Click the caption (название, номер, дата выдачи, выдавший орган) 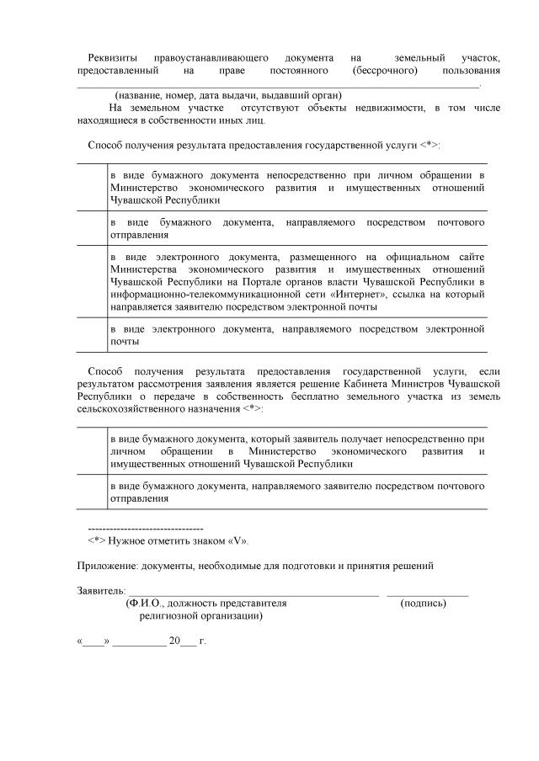[227, 96]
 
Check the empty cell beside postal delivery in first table [91, 228]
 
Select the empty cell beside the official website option [91, 281]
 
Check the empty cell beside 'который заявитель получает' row [91, 451]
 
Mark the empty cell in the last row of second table [91, 492]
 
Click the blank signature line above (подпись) [427, 594]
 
